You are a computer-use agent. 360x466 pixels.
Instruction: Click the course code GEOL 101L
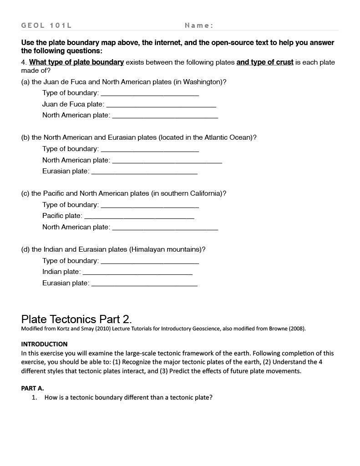point(46,25)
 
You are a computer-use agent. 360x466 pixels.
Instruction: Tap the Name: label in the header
point(199,25)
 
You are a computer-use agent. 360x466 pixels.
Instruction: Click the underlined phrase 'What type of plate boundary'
point(76,62)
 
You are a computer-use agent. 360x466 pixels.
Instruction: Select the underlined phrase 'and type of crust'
point(264,62)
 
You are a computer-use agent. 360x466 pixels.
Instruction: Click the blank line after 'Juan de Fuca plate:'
point(161,105)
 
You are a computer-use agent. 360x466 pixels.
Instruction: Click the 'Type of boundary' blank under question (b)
point(150,150)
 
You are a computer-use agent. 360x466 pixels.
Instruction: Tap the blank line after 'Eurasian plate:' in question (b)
point(144,172)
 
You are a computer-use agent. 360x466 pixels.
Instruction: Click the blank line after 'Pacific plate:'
point(139,217)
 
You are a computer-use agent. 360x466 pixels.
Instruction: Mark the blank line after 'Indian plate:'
point(137,273)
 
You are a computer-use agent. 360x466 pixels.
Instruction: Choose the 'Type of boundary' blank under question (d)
point(150,262)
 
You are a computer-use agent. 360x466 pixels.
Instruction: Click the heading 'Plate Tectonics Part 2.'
point(76,319)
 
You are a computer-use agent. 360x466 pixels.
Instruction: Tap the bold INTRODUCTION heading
point(44,344)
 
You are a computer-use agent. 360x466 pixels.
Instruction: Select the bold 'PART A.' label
point(32,388)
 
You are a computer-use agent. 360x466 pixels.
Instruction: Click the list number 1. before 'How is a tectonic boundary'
point(35,397)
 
